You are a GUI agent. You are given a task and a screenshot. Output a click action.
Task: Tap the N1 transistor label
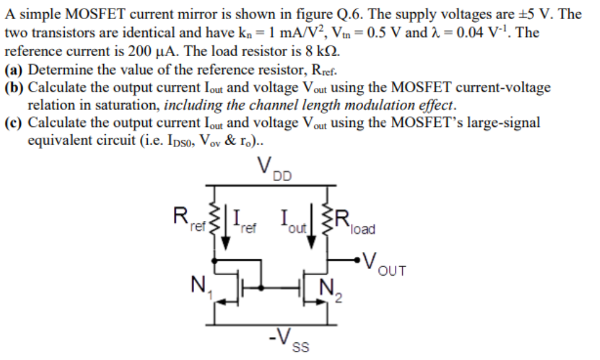(198, 284)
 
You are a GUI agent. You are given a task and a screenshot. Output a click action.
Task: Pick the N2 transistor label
(329, 289)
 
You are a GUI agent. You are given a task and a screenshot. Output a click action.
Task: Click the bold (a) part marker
(14, 68)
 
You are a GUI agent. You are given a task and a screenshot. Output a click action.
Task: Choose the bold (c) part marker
(14, 122)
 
